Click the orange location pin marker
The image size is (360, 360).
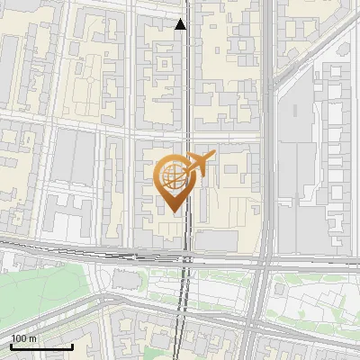[x=175, y=179]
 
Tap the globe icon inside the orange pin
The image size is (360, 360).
[x=173, y=175]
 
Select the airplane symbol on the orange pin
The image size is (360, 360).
[x=199, y=163]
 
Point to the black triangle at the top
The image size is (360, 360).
[x=181, y=24]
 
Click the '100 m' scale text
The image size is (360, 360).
[x=24, y=338]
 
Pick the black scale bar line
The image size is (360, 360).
[x=41, y=346]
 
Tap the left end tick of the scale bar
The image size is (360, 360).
[x=11, y=345]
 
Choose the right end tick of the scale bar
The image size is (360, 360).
[x=72, y=345]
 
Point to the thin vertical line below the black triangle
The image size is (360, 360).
[x=186, y=90]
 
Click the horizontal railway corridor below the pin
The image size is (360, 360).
[x=135, y=256]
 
